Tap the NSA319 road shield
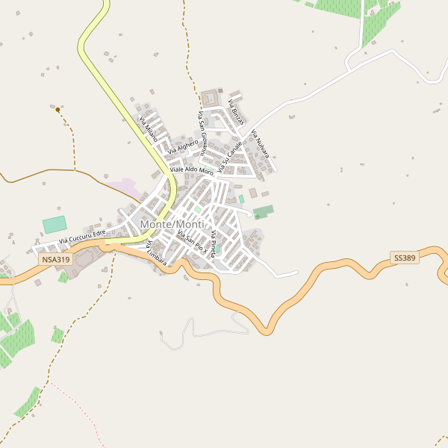(x=56, y=259)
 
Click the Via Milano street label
(x=148, y=128)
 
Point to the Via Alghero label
(x=183, y=146)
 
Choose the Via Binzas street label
(x=236, y=111)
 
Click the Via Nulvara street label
(x=259, y=144)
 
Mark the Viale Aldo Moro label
(x=192, y=171)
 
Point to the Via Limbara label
(x=156, y=253)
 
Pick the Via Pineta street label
(x=213, y=244)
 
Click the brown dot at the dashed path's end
(x=57, y=110)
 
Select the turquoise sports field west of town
(x=54, y=224)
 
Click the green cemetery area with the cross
(x=264, y=211)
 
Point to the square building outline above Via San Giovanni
(x=211, y=99)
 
